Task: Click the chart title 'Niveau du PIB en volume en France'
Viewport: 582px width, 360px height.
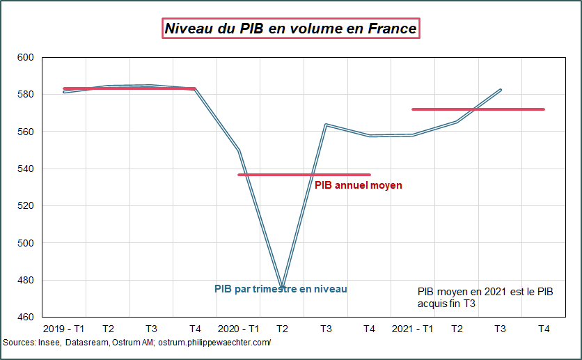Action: tap(290, 29)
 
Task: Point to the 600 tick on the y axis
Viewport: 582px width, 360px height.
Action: tap(25, 57)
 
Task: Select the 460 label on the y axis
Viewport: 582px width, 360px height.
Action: tap(25, 318)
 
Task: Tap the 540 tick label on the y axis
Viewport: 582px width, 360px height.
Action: tap(25, 169)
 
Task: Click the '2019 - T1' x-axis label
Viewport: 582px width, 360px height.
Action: tap(64, 329)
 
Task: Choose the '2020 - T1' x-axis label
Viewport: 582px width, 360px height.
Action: tap(238, 329)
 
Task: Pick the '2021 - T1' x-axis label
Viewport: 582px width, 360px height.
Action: tap(412, 329)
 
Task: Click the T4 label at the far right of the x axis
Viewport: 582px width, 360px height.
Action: tap(544, 329)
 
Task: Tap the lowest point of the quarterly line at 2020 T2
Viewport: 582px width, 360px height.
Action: tap(283, 286)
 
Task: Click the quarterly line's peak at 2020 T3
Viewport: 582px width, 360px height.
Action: tap(326, 125)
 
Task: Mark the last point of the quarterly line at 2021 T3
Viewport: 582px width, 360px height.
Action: tap(501, 90)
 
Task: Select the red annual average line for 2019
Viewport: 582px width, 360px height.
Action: tap(129, 88)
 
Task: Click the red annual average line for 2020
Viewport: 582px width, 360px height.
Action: tap(304, 175)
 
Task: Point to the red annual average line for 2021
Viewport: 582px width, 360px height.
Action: tap(478, 109)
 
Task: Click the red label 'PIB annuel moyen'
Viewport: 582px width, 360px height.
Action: tap(358, 186)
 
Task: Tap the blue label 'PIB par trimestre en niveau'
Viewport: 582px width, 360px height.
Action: tap(280, 289)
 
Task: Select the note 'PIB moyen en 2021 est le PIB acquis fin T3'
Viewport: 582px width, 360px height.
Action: tap(485, 297)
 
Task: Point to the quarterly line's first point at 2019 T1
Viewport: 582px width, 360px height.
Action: tap(64, 92)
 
